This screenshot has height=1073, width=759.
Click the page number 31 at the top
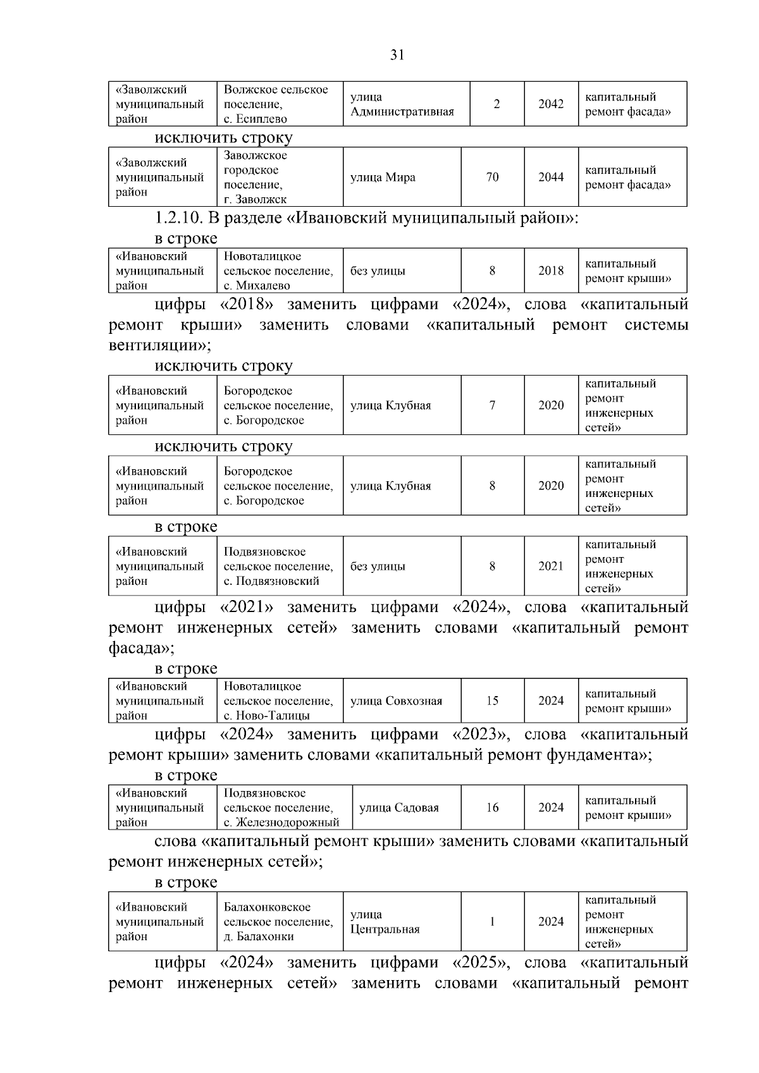tap(397, 55)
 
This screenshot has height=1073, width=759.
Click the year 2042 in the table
tap(550, 104)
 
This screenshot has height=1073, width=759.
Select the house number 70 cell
tap(492, 178)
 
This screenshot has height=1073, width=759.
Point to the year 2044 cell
tap(550, 178)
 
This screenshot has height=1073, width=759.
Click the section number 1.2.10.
tap(178, 219)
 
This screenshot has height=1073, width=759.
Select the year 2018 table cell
tap(550, 271)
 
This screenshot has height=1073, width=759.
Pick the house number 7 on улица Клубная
tap(492, 406)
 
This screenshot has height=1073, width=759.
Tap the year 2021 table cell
tap(550, 567)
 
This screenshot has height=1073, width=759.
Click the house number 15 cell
tap(492, 701)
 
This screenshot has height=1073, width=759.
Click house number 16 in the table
tap(492, 808)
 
